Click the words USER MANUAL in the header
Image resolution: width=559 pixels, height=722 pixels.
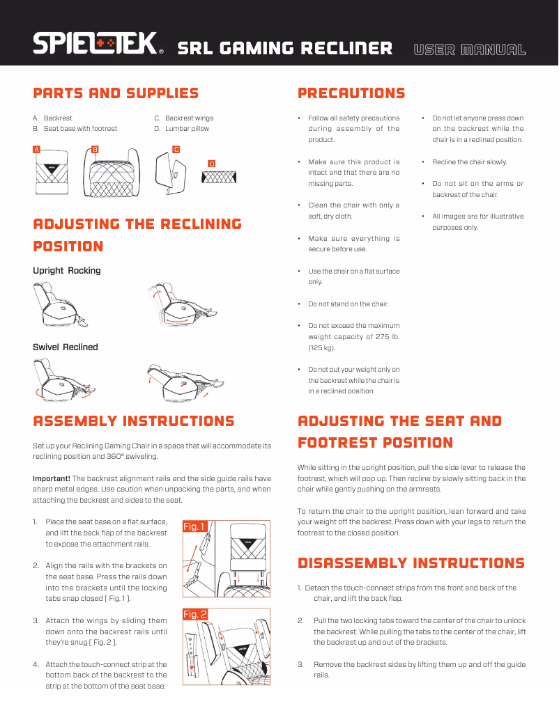point(469,49)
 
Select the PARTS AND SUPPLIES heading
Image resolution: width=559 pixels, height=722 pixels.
point(116,93)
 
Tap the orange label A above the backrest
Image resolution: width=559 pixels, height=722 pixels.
point(36,150)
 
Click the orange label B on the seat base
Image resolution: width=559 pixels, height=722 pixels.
point(95,150)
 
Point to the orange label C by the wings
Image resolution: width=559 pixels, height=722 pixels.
point(176,150)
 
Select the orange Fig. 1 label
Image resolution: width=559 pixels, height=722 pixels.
point(194,526)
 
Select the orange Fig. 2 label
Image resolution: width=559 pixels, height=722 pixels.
point(194,614)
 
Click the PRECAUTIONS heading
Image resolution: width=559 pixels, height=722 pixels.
point(351,93)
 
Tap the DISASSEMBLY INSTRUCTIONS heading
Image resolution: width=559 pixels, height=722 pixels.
point(411,563)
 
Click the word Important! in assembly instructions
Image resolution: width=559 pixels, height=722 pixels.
point(51,478)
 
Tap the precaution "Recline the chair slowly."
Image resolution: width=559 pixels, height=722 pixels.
point(469,162)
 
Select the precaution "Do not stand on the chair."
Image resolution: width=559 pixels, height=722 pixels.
point(348,304)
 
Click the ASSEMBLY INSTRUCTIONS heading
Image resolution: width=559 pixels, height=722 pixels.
point(134,421)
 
